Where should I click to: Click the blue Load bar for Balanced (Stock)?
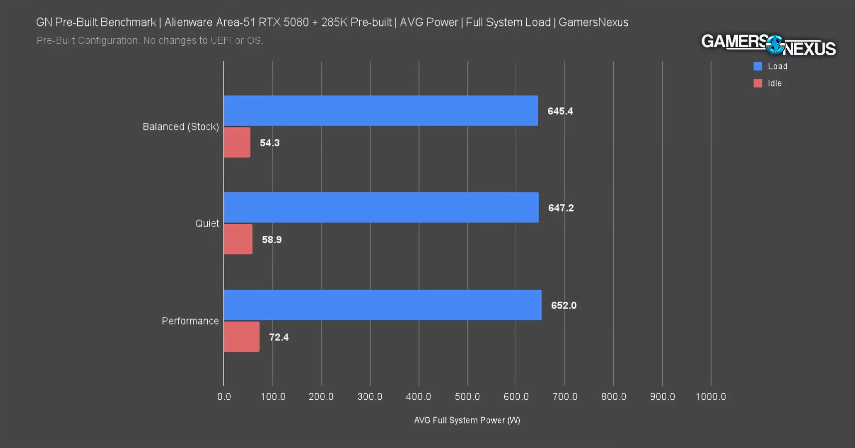381,111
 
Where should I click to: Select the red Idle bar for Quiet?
238,239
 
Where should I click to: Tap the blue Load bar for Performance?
383,305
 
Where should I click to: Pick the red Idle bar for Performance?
242,337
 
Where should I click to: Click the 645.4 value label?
560,111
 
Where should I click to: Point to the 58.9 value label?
272,239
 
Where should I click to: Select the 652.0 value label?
564,305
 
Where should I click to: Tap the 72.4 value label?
279,337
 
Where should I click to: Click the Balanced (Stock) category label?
180,126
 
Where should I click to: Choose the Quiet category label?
207,224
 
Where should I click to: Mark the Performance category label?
190,321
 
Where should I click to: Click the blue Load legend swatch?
758,66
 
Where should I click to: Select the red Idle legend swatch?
758,83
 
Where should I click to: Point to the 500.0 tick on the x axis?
467,397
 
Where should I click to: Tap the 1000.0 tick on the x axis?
711,397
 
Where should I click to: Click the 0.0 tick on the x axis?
224,397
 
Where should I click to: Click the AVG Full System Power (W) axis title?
467,420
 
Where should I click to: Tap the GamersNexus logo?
768,45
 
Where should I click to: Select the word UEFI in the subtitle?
221,40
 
